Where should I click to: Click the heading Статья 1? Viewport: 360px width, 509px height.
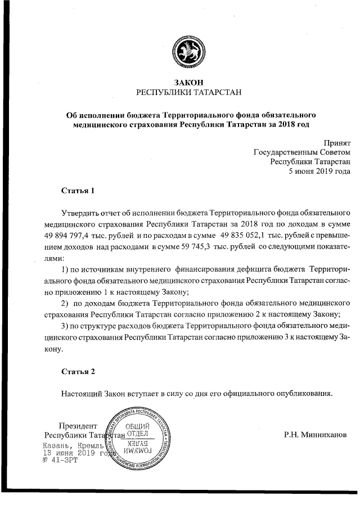pos(77,191)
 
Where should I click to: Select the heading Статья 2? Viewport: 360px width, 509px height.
pos(77,371)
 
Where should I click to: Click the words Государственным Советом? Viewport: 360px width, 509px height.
pos(302,152)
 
